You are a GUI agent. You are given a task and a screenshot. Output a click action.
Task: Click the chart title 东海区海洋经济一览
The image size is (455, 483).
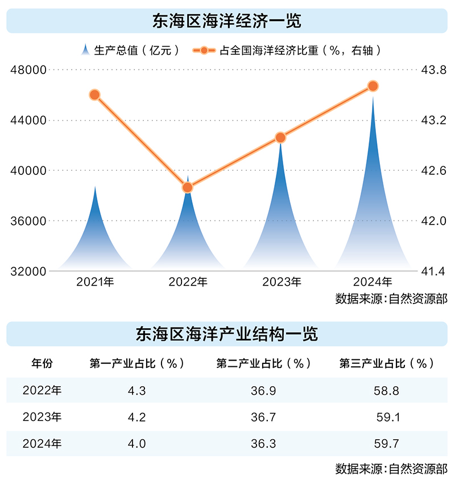click(227, 21)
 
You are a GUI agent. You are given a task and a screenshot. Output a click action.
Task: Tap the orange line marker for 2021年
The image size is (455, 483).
click(95, 95)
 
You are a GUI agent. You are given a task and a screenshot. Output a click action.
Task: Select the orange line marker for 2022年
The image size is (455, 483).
click(188, 187)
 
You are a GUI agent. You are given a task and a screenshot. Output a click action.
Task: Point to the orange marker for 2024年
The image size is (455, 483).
click(373, 86)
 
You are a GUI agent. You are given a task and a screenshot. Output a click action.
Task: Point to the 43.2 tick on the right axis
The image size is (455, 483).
click(432, 120)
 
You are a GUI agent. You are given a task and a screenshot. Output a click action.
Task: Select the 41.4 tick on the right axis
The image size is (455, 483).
click(432, 271)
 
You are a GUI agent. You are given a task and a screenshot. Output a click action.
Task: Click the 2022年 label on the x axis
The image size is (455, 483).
click(188, 282)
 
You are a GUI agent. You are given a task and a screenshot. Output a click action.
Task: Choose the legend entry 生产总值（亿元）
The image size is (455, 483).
click(131, 50)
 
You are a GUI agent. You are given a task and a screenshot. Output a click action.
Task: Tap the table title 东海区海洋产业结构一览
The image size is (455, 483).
click(227, 334)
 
